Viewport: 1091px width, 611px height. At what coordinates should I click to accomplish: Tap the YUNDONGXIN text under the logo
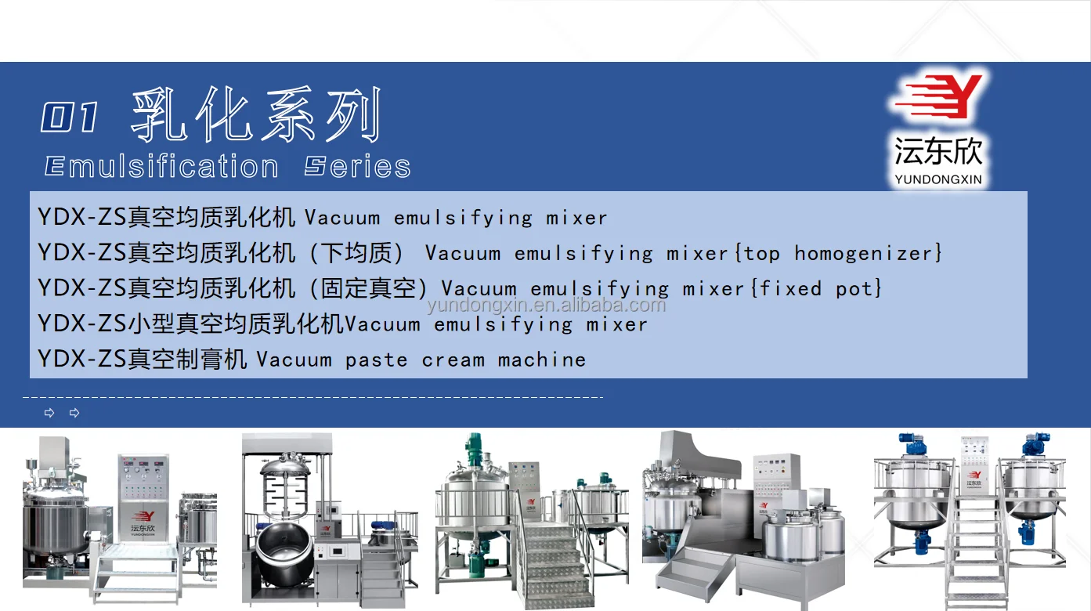click(x=937, y=179)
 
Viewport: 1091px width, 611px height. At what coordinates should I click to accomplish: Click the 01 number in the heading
click(x=70, y=118)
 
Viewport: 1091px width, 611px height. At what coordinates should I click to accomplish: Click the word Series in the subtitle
click(x=358, y=167)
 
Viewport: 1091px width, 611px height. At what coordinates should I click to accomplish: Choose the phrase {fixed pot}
click(x=817, y=288)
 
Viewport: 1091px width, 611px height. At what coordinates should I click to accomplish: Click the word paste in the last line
click(x=376, y=360)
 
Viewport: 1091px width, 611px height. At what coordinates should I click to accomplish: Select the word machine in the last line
click(x=541, y=360)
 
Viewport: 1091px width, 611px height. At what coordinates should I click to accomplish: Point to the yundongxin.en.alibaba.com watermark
click(x=546, y=305)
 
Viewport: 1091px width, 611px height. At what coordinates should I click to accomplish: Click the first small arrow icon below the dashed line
click(x=49, y=413)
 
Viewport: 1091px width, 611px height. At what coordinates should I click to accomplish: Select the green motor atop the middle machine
click(x=473, y=449)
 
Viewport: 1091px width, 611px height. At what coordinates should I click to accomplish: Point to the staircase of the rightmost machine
click(x=975, y=548)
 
